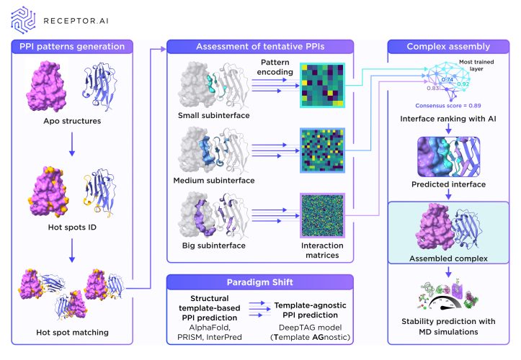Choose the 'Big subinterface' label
(206, 245)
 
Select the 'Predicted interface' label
(448, 184)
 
